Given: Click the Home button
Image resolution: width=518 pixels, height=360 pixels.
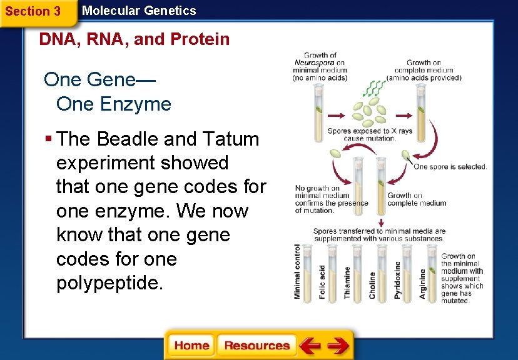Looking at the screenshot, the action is point(191,346).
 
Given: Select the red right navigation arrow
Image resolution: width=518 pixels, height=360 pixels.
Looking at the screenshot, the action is point(338,345).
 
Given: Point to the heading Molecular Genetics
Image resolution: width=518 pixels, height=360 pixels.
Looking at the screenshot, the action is point(139,11).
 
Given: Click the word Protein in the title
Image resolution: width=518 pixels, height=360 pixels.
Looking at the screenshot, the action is point(200,39).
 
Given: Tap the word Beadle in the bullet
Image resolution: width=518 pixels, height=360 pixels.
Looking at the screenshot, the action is point(126,139).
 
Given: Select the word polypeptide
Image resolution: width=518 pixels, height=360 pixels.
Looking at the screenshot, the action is point(109,283).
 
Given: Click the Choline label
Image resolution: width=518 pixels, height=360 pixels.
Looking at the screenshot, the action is point(372,284).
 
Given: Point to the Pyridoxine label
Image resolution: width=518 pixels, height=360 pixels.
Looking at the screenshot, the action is point(397,279).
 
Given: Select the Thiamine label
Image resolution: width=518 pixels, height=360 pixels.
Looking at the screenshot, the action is point(347,282).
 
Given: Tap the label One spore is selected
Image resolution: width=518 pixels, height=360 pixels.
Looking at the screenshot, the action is point(450,167).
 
